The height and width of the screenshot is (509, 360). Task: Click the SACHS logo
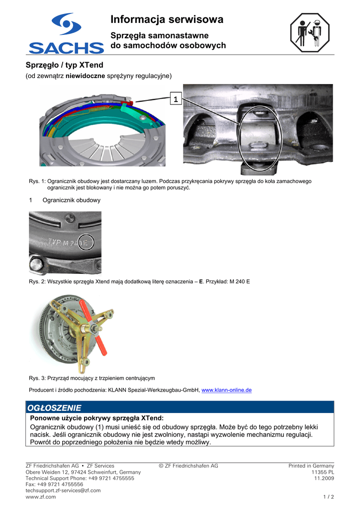(66, 33)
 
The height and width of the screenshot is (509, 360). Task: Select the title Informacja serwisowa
(167, 19)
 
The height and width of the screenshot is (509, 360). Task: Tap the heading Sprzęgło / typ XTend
(64, 65)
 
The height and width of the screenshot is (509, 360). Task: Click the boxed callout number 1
(175, 99)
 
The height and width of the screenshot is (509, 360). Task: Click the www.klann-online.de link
(226, 390)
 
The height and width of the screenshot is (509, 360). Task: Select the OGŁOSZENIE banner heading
(54, 408)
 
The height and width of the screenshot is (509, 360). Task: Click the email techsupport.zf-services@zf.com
(63, 490)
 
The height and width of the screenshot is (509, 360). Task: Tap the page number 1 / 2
(328, 497)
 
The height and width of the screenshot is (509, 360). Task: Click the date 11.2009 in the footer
(324, 478)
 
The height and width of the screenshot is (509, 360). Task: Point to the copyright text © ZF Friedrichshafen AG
(188, 466)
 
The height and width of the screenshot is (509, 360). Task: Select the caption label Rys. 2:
(37, 282)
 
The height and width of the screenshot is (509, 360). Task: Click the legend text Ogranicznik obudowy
(72, 200)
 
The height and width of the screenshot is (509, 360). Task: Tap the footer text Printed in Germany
(311, 466)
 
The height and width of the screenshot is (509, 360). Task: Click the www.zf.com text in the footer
(41, 497)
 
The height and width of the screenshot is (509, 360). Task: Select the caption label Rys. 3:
(37, 378)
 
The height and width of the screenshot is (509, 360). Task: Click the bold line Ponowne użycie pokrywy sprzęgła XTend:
(97, 418)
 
